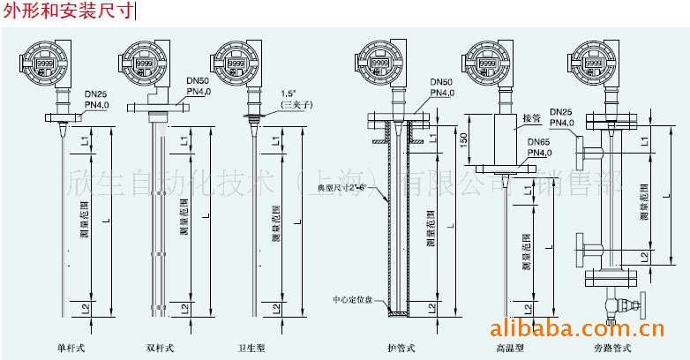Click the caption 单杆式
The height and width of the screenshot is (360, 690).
[69, 347]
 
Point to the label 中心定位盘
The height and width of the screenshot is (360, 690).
[353, 299]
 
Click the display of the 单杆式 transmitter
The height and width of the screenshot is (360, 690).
[47, 64]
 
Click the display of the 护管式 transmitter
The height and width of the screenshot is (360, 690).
[379, 64]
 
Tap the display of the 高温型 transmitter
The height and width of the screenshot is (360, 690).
[484, 64]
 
